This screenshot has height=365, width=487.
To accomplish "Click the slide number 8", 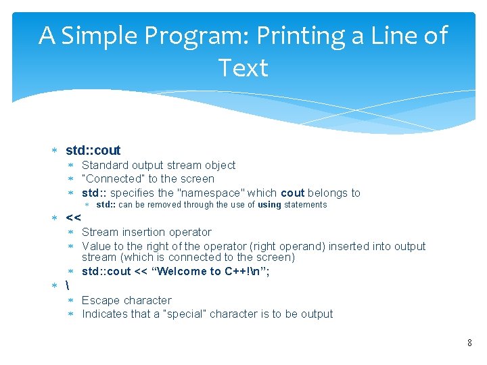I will point(469,343).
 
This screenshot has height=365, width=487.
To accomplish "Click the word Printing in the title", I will point(304,35).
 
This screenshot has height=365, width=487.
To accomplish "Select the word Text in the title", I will point(243,68).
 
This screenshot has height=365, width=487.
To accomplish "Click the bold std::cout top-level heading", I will point(93,150).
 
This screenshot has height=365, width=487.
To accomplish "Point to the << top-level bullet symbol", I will point(73,218).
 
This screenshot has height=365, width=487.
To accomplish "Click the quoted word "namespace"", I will point(210,193).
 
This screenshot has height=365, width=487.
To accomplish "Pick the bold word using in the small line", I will point(269,205).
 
